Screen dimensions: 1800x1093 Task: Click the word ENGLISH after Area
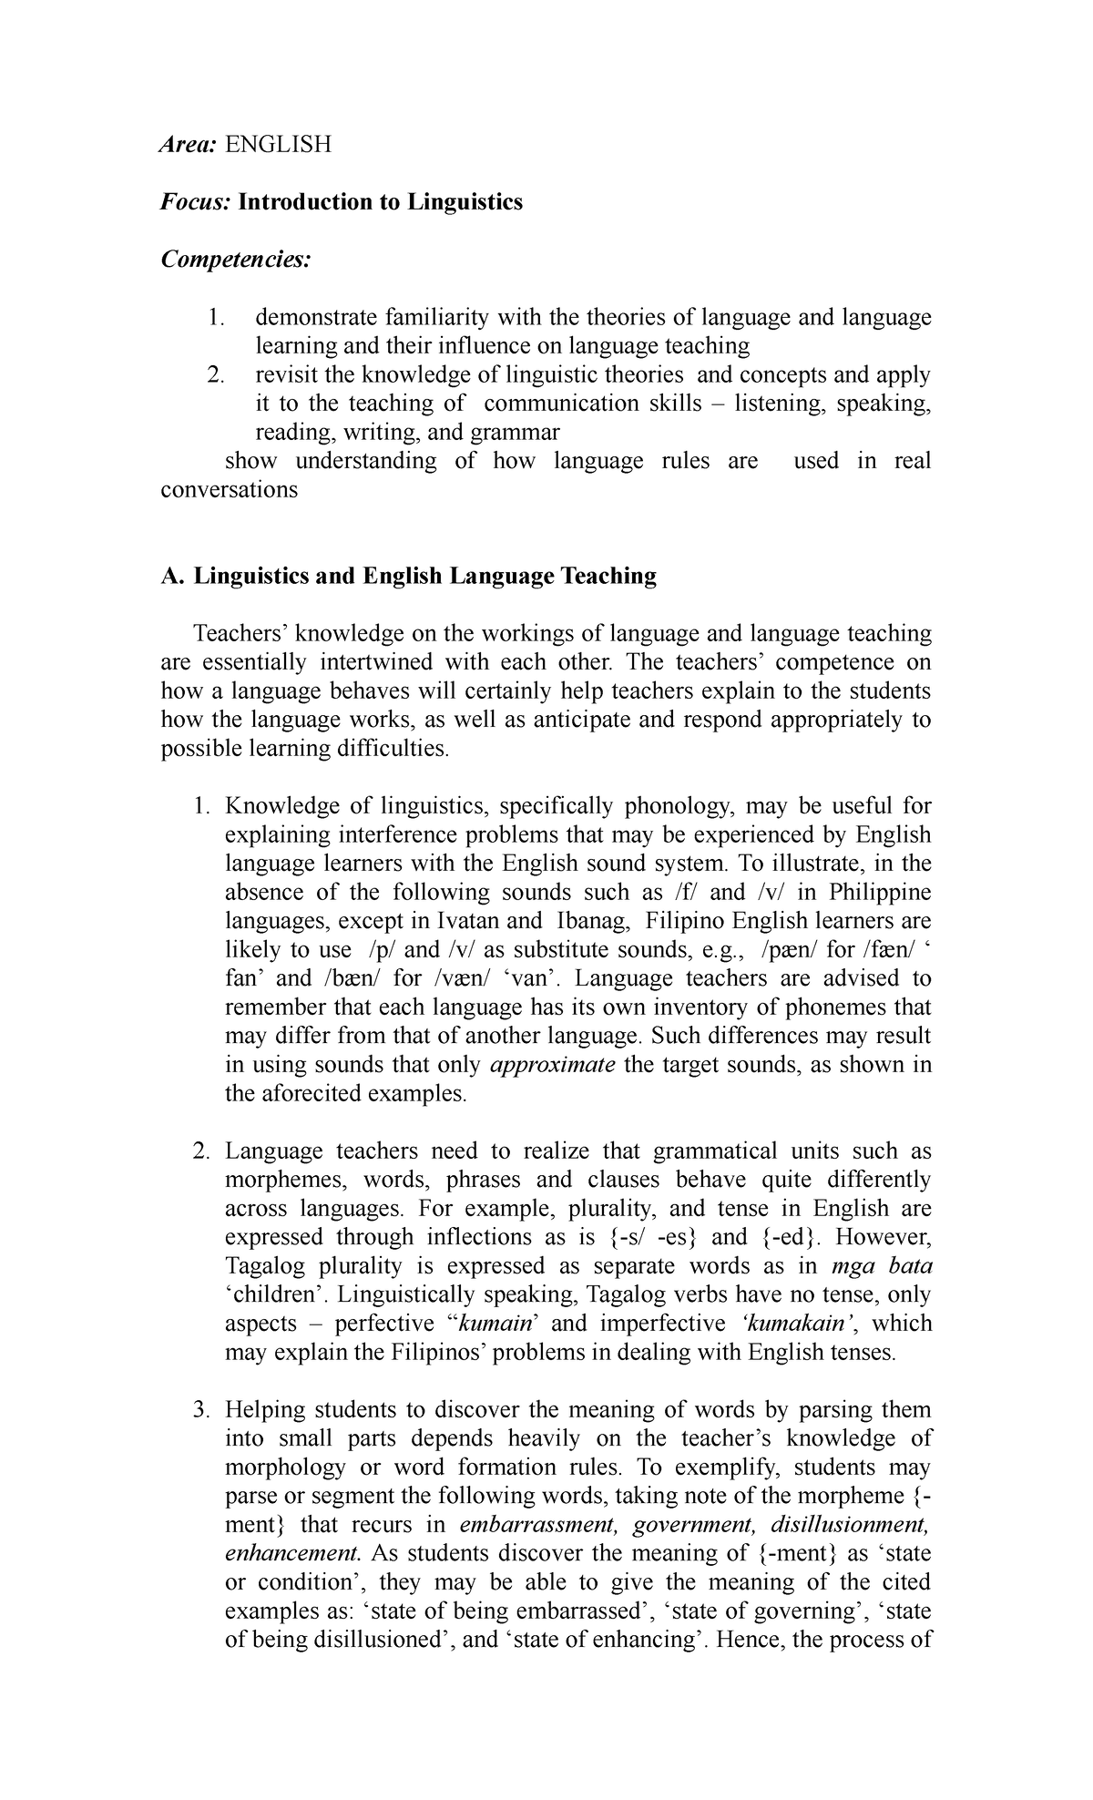pyautogui.click(x=279, y=144)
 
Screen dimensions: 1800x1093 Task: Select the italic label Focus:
pyautogui.click(x=196, y=201)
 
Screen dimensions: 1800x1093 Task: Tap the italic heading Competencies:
pyautogui.click(x=236, y=260)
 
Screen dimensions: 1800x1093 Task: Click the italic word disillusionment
pyautogui.click(x=850, y=1526)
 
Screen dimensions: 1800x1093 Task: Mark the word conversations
pyautogui.click(x=229, y=490)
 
